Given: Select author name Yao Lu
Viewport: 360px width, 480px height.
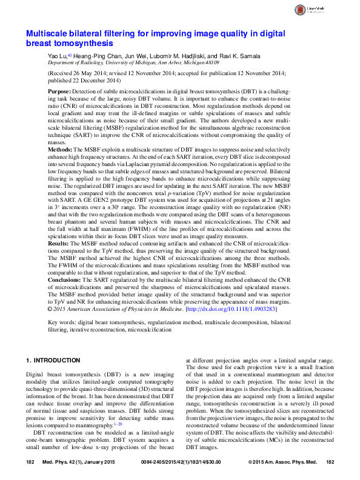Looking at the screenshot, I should click(58, 55).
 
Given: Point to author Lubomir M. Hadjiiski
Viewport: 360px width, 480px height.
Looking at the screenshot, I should click(170, 55).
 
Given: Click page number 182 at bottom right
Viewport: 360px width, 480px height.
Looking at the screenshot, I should click(330, 464).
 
